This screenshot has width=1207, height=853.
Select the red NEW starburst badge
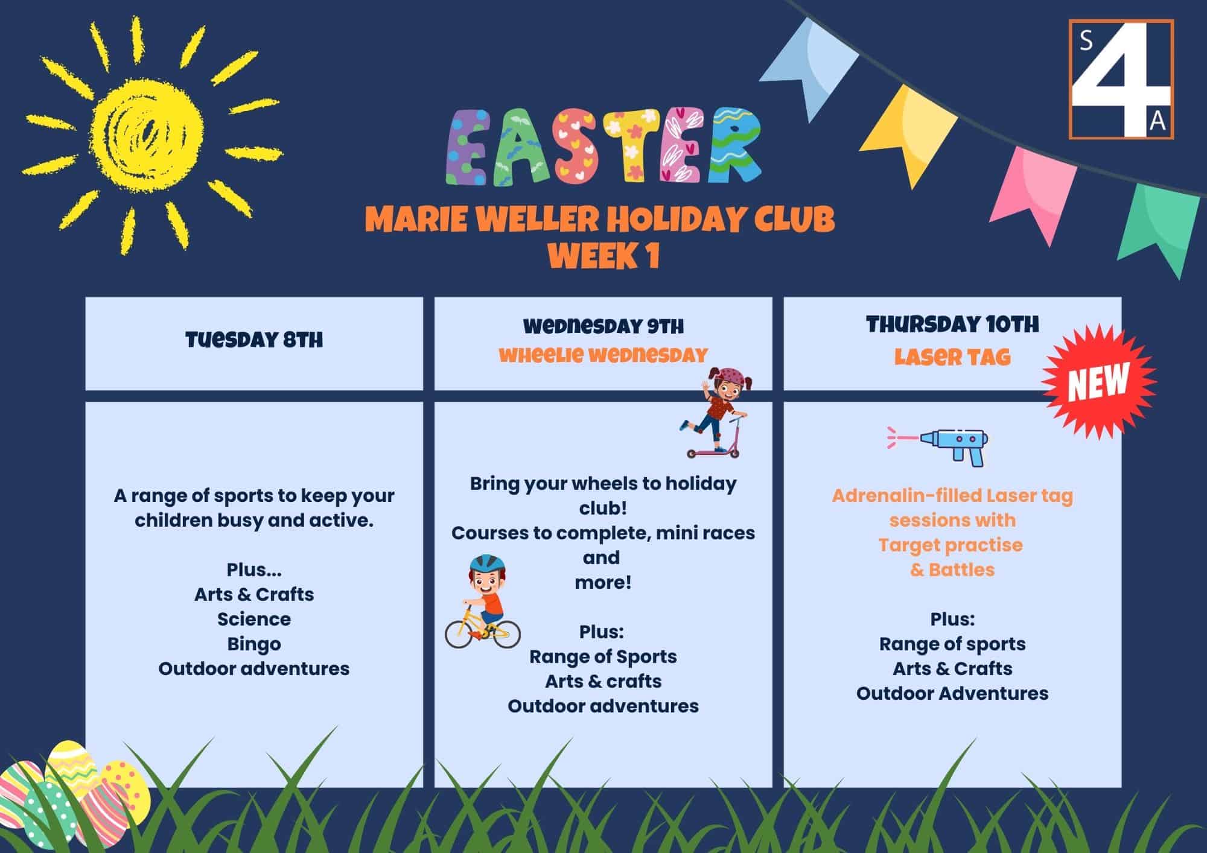click(x=1099, y=381)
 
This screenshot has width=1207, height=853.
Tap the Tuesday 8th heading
click(x=254, y=340)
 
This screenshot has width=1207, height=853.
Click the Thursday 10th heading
click(x=952, y=325)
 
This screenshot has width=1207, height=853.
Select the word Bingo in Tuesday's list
click(x=254, y=644)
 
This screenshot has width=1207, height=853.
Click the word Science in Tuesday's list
click(x=254, y=619)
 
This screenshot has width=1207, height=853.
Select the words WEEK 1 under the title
click(x=603, y=256)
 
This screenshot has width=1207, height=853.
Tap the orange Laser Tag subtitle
click(x=952, y=357)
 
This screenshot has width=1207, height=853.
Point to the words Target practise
click(x=951, y=545)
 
